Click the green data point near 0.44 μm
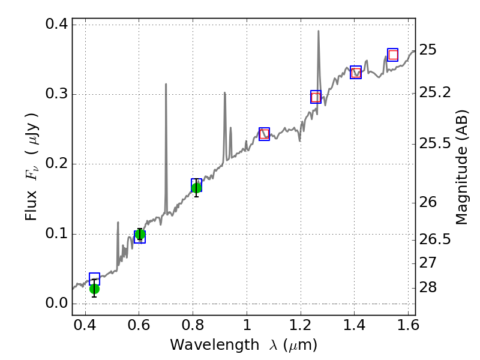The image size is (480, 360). (94, 289)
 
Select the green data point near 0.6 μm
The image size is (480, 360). (140, 234)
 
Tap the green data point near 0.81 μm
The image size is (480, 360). (196, 188)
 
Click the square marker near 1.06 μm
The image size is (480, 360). (264, 134)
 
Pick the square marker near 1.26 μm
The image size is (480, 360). (316, 97)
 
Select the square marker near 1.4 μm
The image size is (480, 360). (356, 73)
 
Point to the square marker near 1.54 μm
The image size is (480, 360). (393, 55)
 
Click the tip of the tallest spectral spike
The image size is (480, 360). (318, 31)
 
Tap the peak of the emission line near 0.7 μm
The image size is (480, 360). (166, 84)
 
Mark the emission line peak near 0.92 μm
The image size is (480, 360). (224, 92)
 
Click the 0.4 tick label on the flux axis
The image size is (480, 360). (56, 25)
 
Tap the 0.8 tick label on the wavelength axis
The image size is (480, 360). (193, 328)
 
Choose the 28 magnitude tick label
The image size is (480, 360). (429, 288)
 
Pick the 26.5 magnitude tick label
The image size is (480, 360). (435, 240)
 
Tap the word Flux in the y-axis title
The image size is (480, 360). (32, 204)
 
